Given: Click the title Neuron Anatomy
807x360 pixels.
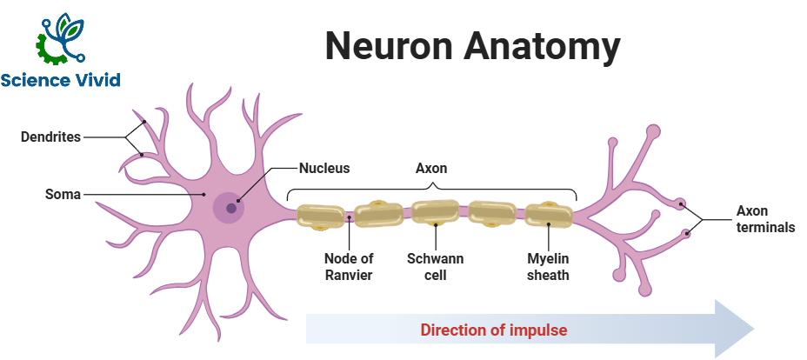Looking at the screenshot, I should (472, 45).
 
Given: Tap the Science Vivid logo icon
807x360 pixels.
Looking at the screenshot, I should (60, 40).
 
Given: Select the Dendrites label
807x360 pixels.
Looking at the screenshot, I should (52, 137).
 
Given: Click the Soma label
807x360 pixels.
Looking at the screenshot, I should (63, 195).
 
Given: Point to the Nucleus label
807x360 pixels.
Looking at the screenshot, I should (324, 168).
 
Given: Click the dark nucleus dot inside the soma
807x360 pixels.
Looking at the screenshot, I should (231, 208).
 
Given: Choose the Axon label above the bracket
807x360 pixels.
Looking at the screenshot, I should (431, 168).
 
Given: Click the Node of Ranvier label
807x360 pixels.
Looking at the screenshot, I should (348, 267).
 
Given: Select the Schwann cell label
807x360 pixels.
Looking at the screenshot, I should (435, 267).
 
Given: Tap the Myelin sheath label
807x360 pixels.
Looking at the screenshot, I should (548, 267).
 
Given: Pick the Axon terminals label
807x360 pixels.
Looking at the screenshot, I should (765, 219).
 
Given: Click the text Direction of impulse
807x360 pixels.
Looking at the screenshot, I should (494, 330).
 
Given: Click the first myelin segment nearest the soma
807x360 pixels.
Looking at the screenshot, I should (321, 217).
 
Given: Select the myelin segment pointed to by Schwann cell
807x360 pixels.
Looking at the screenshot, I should (435, 214).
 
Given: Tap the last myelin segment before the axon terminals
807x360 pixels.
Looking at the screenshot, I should (549, 215).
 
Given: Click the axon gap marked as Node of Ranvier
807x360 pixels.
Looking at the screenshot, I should (350, 218).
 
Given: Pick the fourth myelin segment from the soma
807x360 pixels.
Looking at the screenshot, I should (493, 215).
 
